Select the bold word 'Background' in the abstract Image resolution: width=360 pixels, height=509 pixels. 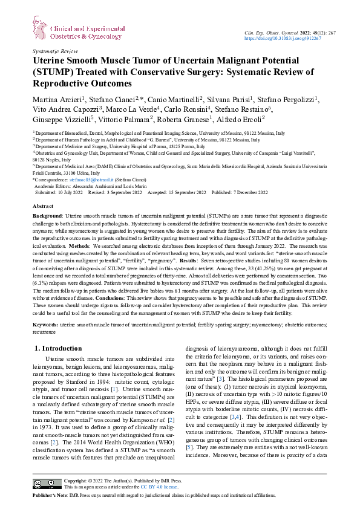pyautogui.click(x=47, y=216)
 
